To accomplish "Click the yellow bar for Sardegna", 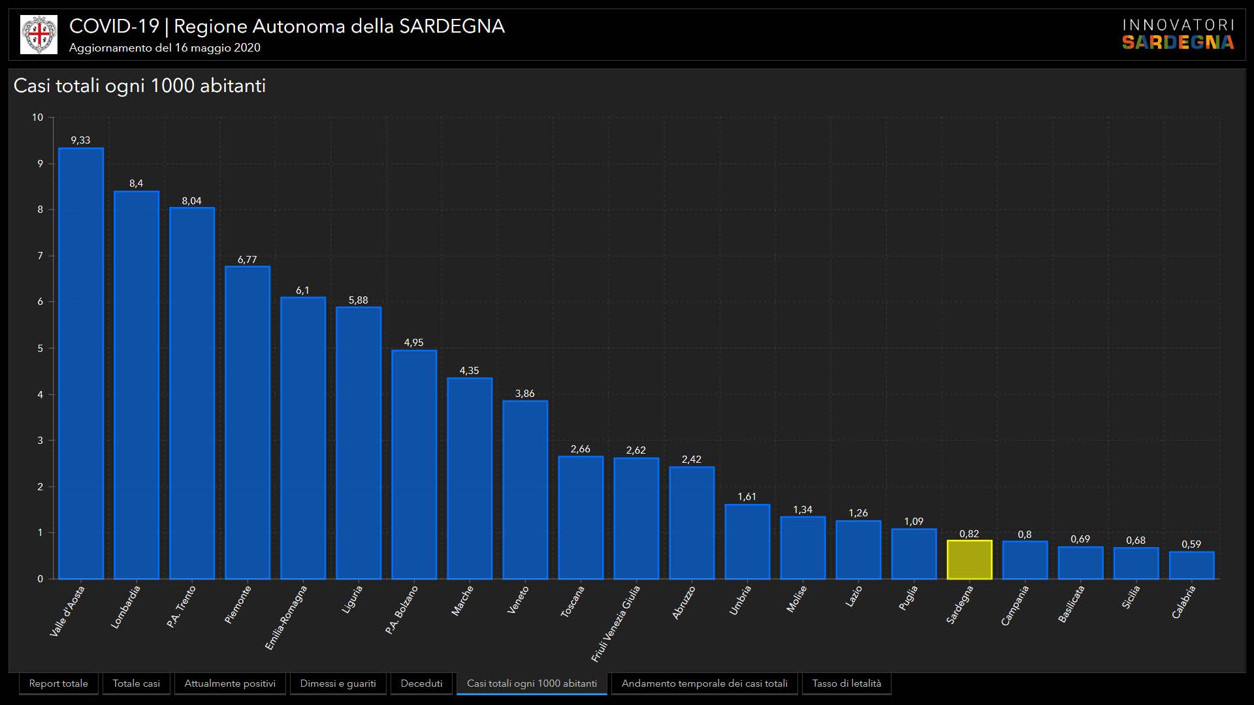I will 969,559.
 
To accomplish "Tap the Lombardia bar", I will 137,384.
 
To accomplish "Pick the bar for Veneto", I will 525,490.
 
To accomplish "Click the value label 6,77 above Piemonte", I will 247,260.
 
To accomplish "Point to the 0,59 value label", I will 1191,544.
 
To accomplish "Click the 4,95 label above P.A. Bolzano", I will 413,343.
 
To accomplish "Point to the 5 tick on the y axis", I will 40,348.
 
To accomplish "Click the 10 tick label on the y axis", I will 37,117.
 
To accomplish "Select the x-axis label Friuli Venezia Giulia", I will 616,623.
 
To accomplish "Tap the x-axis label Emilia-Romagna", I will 286,618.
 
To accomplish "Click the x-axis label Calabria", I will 1183,602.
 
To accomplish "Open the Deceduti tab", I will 421,683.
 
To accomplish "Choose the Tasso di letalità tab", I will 846,683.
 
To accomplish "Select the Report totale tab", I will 58,683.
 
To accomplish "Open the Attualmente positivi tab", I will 230,683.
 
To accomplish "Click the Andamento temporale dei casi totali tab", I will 704,683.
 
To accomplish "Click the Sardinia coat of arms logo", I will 39,35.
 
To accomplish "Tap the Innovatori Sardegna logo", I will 1178,35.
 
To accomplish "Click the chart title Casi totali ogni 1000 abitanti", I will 140,86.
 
